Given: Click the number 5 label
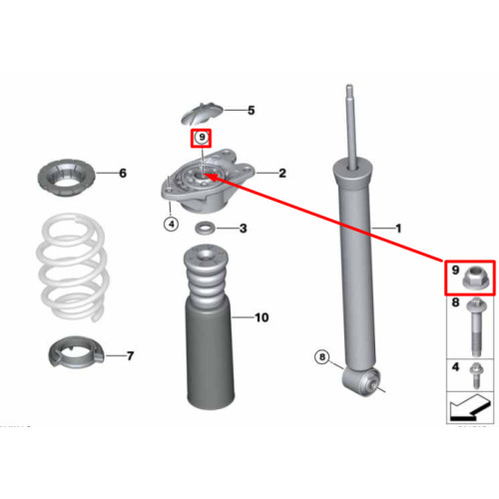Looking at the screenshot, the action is click(x=251, y=110).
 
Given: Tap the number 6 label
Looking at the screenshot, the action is click(x=123, y=173).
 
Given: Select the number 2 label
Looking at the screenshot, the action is click(x=282, y=173).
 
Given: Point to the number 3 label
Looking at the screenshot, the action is click(x=244, y=229).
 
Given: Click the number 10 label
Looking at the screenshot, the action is click(x=261, y=317).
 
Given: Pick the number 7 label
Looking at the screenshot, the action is click(x=130, y=356).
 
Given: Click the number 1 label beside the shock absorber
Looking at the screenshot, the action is click(x=398, y=229).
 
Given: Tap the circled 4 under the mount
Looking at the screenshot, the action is click(x=172, y=225).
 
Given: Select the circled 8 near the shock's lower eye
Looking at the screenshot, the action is click(x=321, y=357).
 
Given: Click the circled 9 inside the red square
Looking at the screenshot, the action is click(x=202, y=137).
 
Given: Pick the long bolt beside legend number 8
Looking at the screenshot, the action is click(x=476, y=327).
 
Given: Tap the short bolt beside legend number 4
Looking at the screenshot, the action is click(x=476, y=376).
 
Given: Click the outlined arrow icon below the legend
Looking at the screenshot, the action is click(x=469, y=407).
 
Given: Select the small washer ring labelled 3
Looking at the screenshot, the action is click(x=205, y=229).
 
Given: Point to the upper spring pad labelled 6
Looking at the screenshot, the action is click(x=66, y=178).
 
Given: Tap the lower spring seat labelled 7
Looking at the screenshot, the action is click(x=75, y=352).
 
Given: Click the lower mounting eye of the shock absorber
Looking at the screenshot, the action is click(x=361, y=380).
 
